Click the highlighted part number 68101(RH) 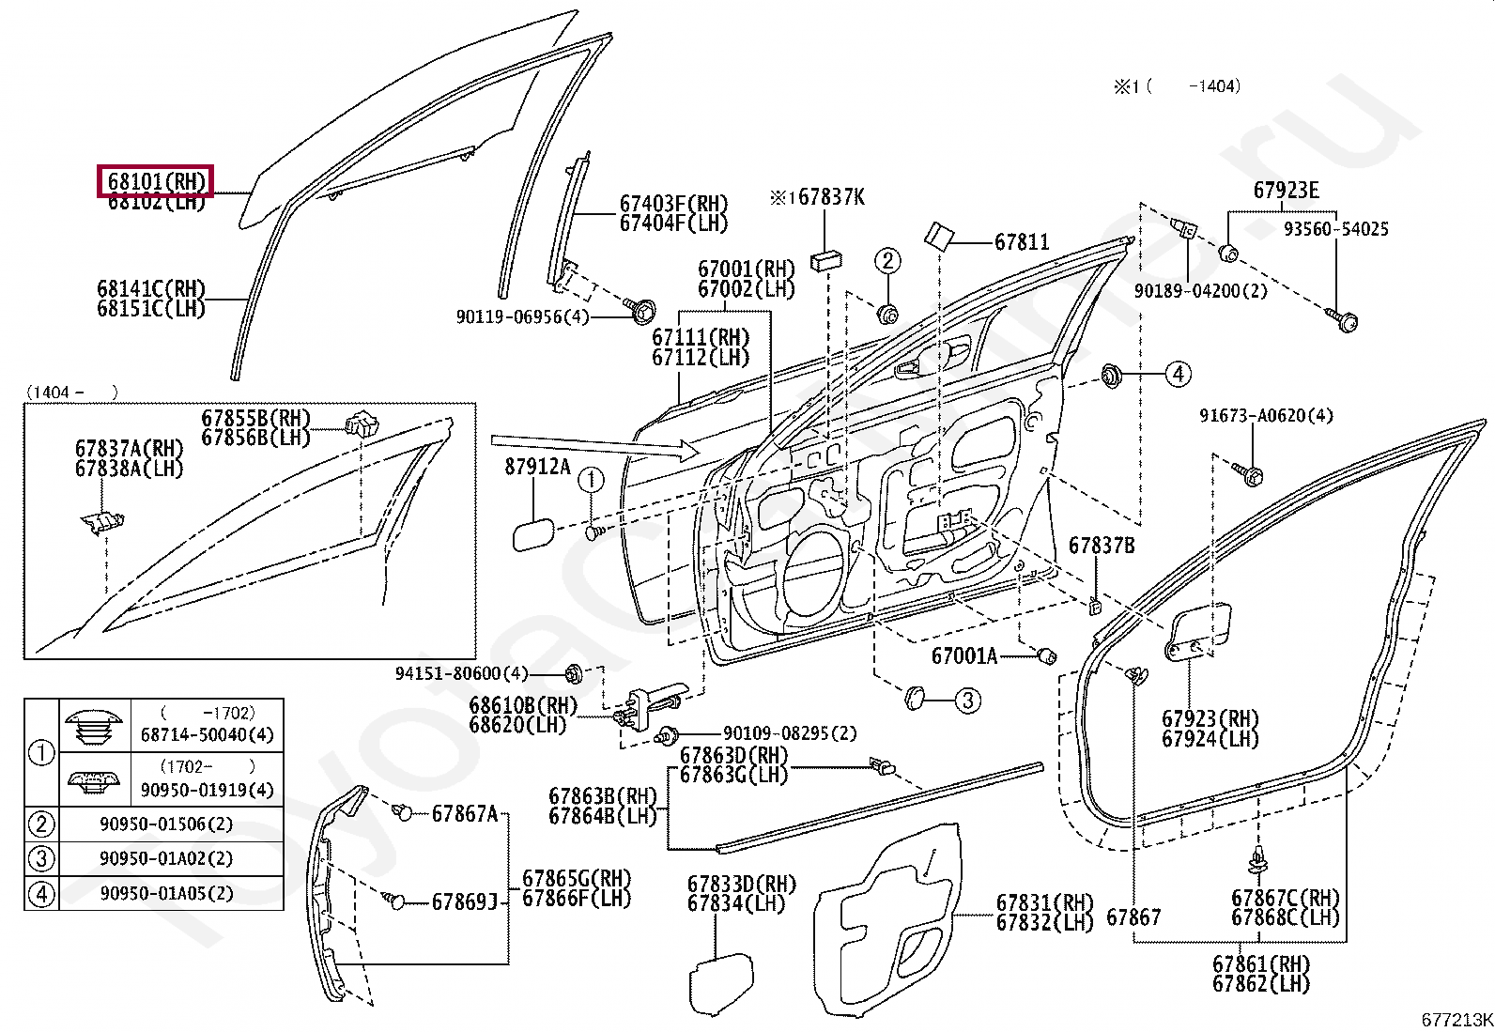(x=156, y=180)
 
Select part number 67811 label (x=1022, y=242)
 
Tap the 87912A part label (x=537, y=467)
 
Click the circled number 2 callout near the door (x=888, y=261)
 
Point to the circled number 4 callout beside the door (x=1178, y=374)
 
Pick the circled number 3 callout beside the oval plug (x=967, y=700)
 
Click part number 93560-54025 (x=1336, y=229)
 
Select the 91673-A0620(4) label (x=1266, y=415)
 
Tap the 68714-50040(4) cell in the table (x=207, y=735)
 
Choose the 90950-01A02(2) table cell (x=166, y=858)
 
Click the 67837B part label (x=1102, y=546)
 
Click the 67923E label (x=1286, y=191)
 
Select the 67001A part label (x=964, y=655)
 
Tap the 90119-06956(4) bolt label (x=522, y=317)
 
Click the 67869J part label (x=464, y=902)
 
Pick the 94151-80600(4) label (x=461, y=673)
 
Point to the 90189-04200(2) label (x=1200, y=291)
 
